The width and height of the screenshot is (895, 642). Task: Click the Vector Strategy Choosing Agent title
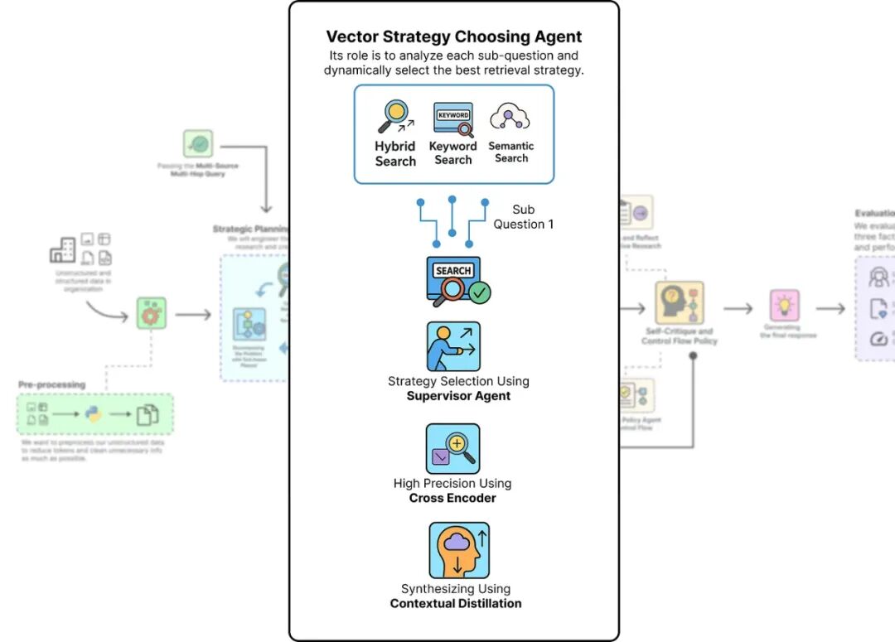click(x=453, y=36)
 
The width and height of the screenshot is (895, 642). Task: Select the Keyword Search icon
click(x=453, y=118)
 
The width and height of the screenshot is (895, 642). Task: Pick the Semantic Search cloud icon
click(x=510, y=118)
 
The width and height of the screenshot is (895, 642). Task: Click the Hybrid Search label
click(x=395, y=154)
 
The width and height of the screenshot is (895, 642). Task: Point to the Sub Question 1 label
click(x=524, y=217)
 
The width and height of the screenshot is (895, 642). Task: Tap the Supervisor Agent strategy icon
click(x=453, y=346)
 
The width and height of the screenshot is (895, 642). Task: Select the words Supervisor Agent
click(x=458, y=396)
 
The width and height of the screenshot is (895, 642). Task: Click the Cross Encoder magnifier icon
click(x=453, y=448)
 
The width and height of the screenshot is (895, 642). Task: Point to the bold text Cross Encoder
click(x=452, y=498)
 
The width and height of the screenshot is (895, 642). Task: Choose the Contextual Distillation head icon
click(x=459, y=550)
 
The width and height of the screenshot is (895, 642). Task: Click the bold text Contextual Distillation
click(x=456, y=603)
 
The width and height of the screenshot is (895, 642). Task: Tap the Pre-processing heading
click(x=52, y=384)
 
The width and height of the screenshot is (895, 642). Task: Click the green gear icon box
click(x=152, y=315)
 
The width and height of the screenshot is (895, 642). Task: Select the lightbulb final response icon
click(x=784, y=306)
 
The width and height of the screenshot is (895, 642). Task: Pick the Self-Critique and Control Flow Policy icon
click(x=680, y=304)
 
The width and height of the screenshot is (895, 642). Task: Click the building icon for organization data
click(x=62, y=249)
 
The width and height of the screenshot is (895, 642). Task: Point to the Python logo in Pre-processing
click(x=94, y=414)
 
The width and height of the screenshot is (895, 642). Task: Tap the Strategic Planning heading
click(x=251, y=229)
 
